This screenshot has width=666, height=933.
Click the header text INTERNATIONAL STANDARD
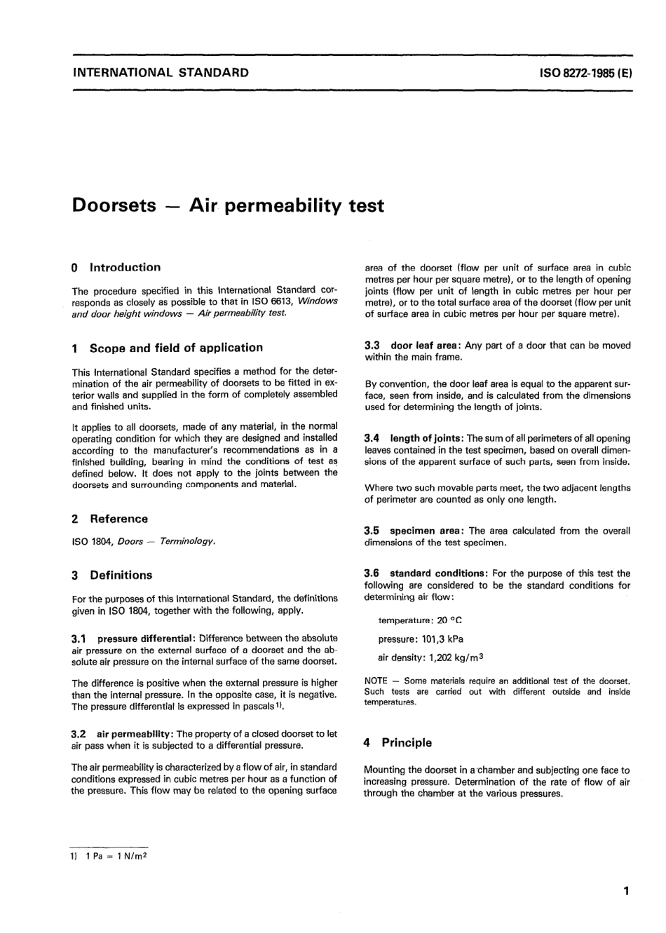pos(161,71)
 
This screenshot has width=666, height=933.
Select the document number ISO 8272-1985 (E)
pos(586,72)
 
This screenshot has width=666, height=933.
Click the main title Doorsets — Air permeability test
pos(228,205)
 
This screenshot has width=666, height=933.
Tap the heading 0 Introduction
pos(116,267)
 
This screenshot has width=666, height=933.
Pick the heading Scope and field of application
pos(175,348)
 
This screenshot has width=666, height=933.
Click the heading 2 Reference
pos(110,519)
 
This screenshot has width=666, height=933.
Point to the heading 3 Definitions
pos(112,575)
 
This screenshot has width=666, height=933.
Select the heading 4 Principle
pos(398,742)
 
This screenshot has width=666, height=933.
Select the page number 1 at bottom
pos(626,891)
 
